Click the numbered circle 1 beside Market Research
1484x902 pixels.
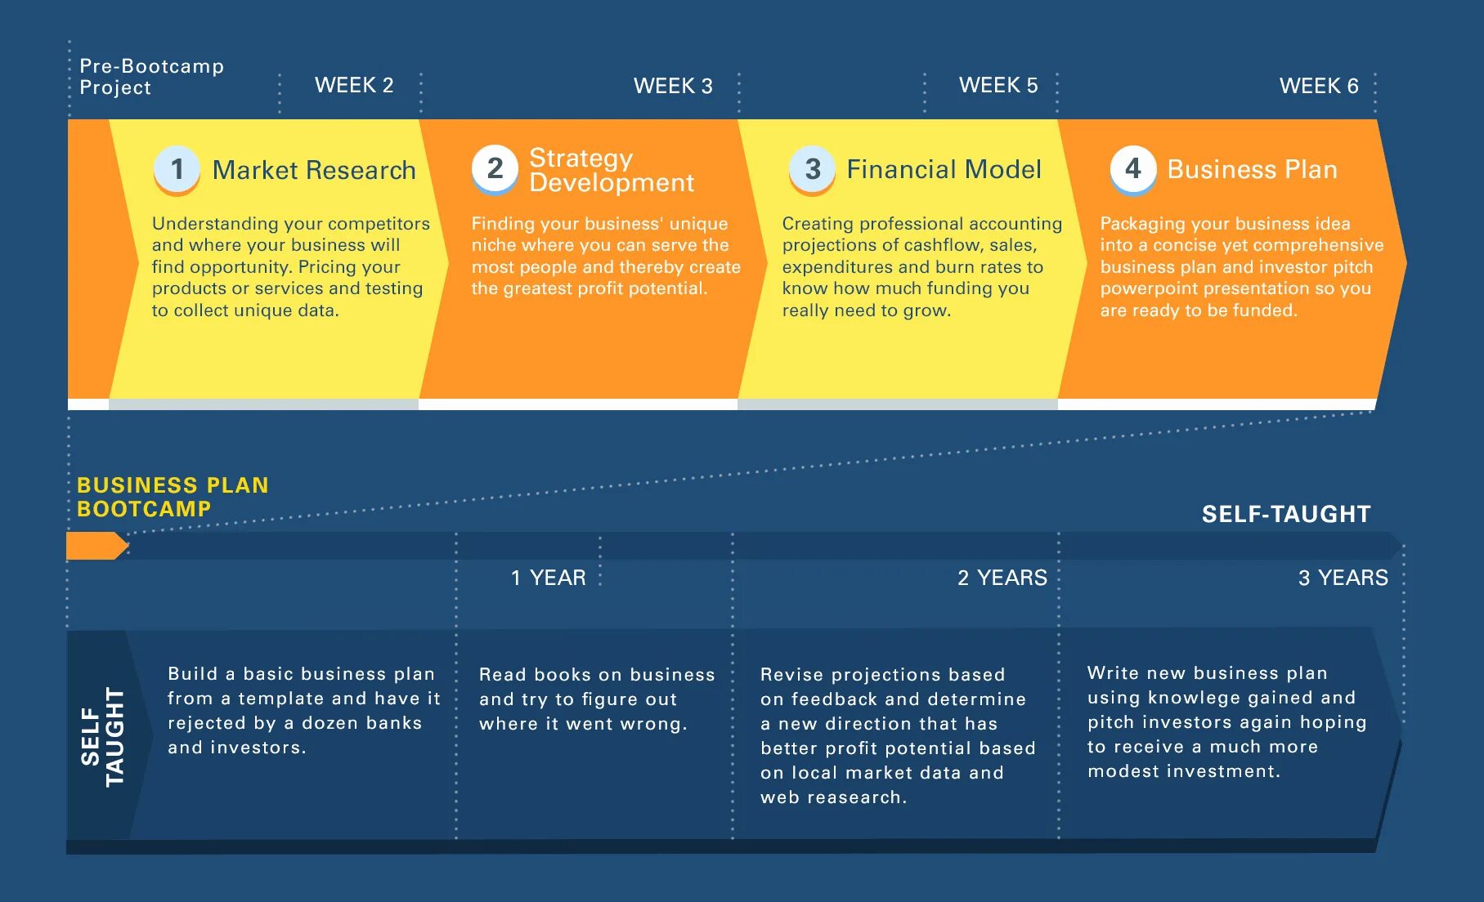pos(177,169)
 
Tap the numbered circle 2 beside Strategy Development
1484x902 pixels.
pos(495,168)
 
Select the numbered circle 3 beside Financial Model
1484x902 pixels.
pos(812,169)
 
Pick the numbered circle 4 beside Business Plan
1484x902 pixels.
pos(1132,168)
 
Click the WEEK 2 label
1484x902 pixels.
pos(354,85)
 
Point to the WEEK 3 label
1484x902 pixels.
pos(673,86)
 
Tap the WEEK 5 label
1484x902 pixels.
pos(998,85)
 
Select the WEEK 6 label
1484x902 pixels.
pos(1318,86)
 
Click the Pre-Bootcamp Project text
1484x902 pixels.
pos(151,77)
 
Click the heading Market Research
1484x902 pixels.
pos(314,170)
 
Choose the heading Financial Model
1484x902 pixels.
pos(944,169)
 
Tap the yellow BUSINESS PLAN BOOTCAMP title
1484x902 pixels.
pos(172,497)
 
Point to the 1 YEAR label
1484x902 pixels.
pos(548,578)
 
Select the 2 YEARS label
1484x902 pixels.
pos(1002,578)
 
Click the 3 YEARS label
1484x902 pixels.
pos(1343,578)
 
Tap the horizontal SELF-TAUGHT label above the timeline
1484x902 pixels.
pos(1285,514)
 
